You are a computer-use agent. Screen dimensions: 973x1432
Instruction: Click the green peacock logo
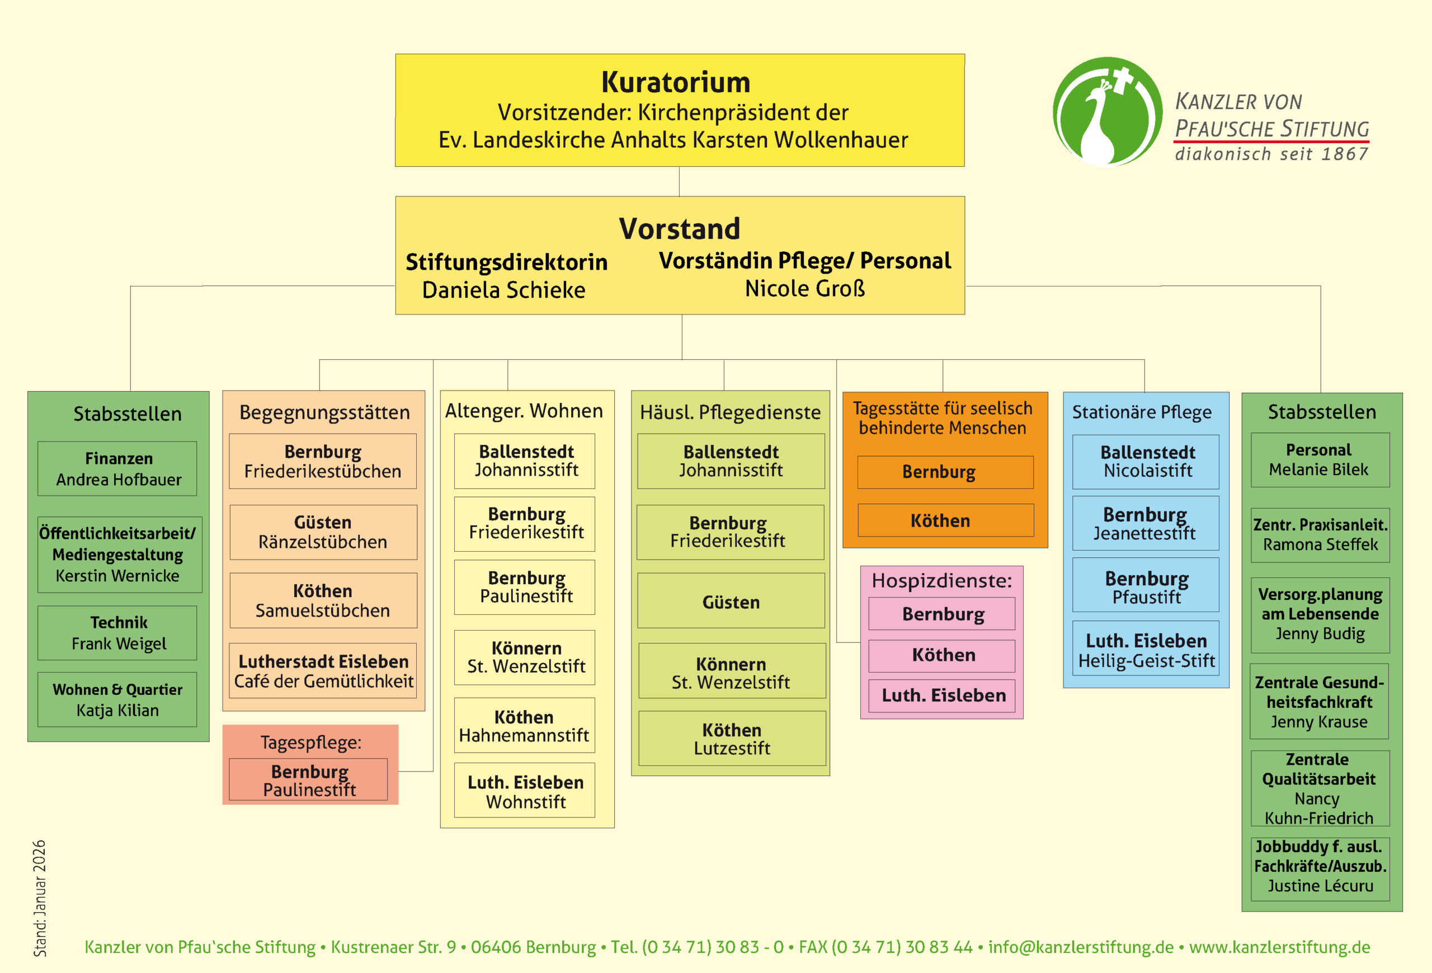pos(1106,112)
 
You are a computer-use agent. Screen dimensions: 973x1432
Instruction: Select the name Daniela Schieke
pos(503,290)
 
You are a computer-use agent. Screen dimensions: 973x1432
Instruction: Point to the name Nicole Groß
pos(805,288)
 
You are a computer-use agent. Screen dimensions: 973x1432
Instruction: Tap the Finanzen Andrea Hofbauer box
pos(117,469)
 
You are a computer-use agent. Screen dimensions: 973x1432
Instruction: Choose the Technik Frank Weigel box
pos(117,633)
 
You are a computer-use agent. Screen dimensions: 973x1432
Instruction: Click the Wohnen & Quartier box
pos(117,699)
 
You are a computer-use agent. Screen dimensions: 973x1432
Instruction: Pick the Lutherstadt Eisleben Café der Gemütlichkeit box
pos(323,671)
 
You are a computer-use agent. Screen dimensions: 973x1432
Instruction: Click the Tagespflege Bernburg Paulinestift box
pos(309,780)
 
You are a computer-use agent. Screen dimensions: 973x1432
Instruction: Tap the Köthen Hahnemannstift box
pos(524,726)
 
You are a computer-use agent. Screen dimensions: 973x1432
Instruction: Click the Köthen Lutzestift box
pos(732,739)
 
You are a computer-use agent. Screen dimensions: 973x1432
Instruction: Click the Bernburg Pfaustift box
pos(1146,586)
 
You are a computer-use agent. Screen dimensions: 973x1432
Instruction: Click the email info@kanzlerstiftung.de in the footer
pos(1081,947)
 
